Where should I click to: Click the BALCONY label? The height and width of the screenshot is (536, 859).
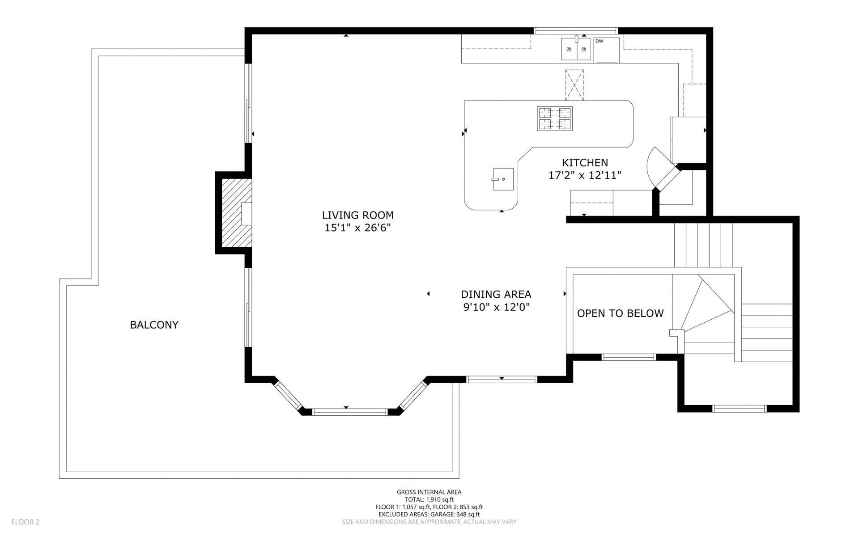(x=154, y=325)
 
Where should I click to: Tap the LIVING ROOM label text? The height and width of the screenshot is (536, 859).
(x=358, y=215)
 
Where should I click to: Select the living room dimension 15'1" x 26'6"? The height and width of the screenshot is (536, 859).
(x=358, y=228)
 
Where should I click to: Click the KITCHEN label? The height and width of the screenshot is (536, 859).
(x=585, y=163)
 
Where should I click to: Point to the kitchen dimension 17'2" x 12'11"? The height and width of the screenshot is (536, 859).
(x=585, y=175)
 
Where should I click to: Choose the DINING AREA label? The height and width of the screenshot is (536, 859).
(x=496, y=294)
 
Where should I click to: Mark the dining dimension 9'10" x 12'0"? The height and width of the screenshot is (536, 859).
(x=496, y=307)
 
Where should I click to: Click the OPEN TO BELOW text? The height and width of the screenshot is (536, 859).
(x=620, y=313)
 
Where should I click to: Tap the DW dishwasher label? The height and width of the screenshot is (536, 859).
(x=599, y=41)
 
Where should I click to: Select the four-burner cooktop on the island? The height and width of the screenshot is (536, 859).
(x=555, y=118)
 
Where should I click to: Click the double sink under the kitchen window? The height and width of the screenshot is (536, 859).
(x=576, y=49)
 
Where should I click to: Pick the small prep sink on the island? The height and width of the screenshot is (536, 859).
(x=503, y=179)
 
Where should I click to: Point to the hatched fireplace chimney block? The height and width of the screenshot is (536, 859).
(x=236, y=213)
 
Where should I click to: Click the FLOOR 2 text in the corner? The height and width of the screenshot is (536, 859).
(x=26, y=522)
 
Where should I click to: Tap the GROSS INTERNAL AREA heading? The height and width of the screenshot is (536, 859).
(x=429, y=492)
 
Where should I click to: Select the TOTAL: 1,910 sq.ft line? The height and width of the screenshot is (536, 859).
(x=429, y=500)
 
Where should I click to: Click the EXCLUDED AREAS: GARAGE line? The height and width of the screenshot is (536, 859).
(x=429, y=514)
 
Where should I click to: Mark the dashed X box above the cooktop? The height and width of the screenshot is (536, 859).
(x=574, y=85)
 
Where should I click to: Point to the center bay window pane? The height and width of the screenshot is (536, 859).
(x=349, y=412)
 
